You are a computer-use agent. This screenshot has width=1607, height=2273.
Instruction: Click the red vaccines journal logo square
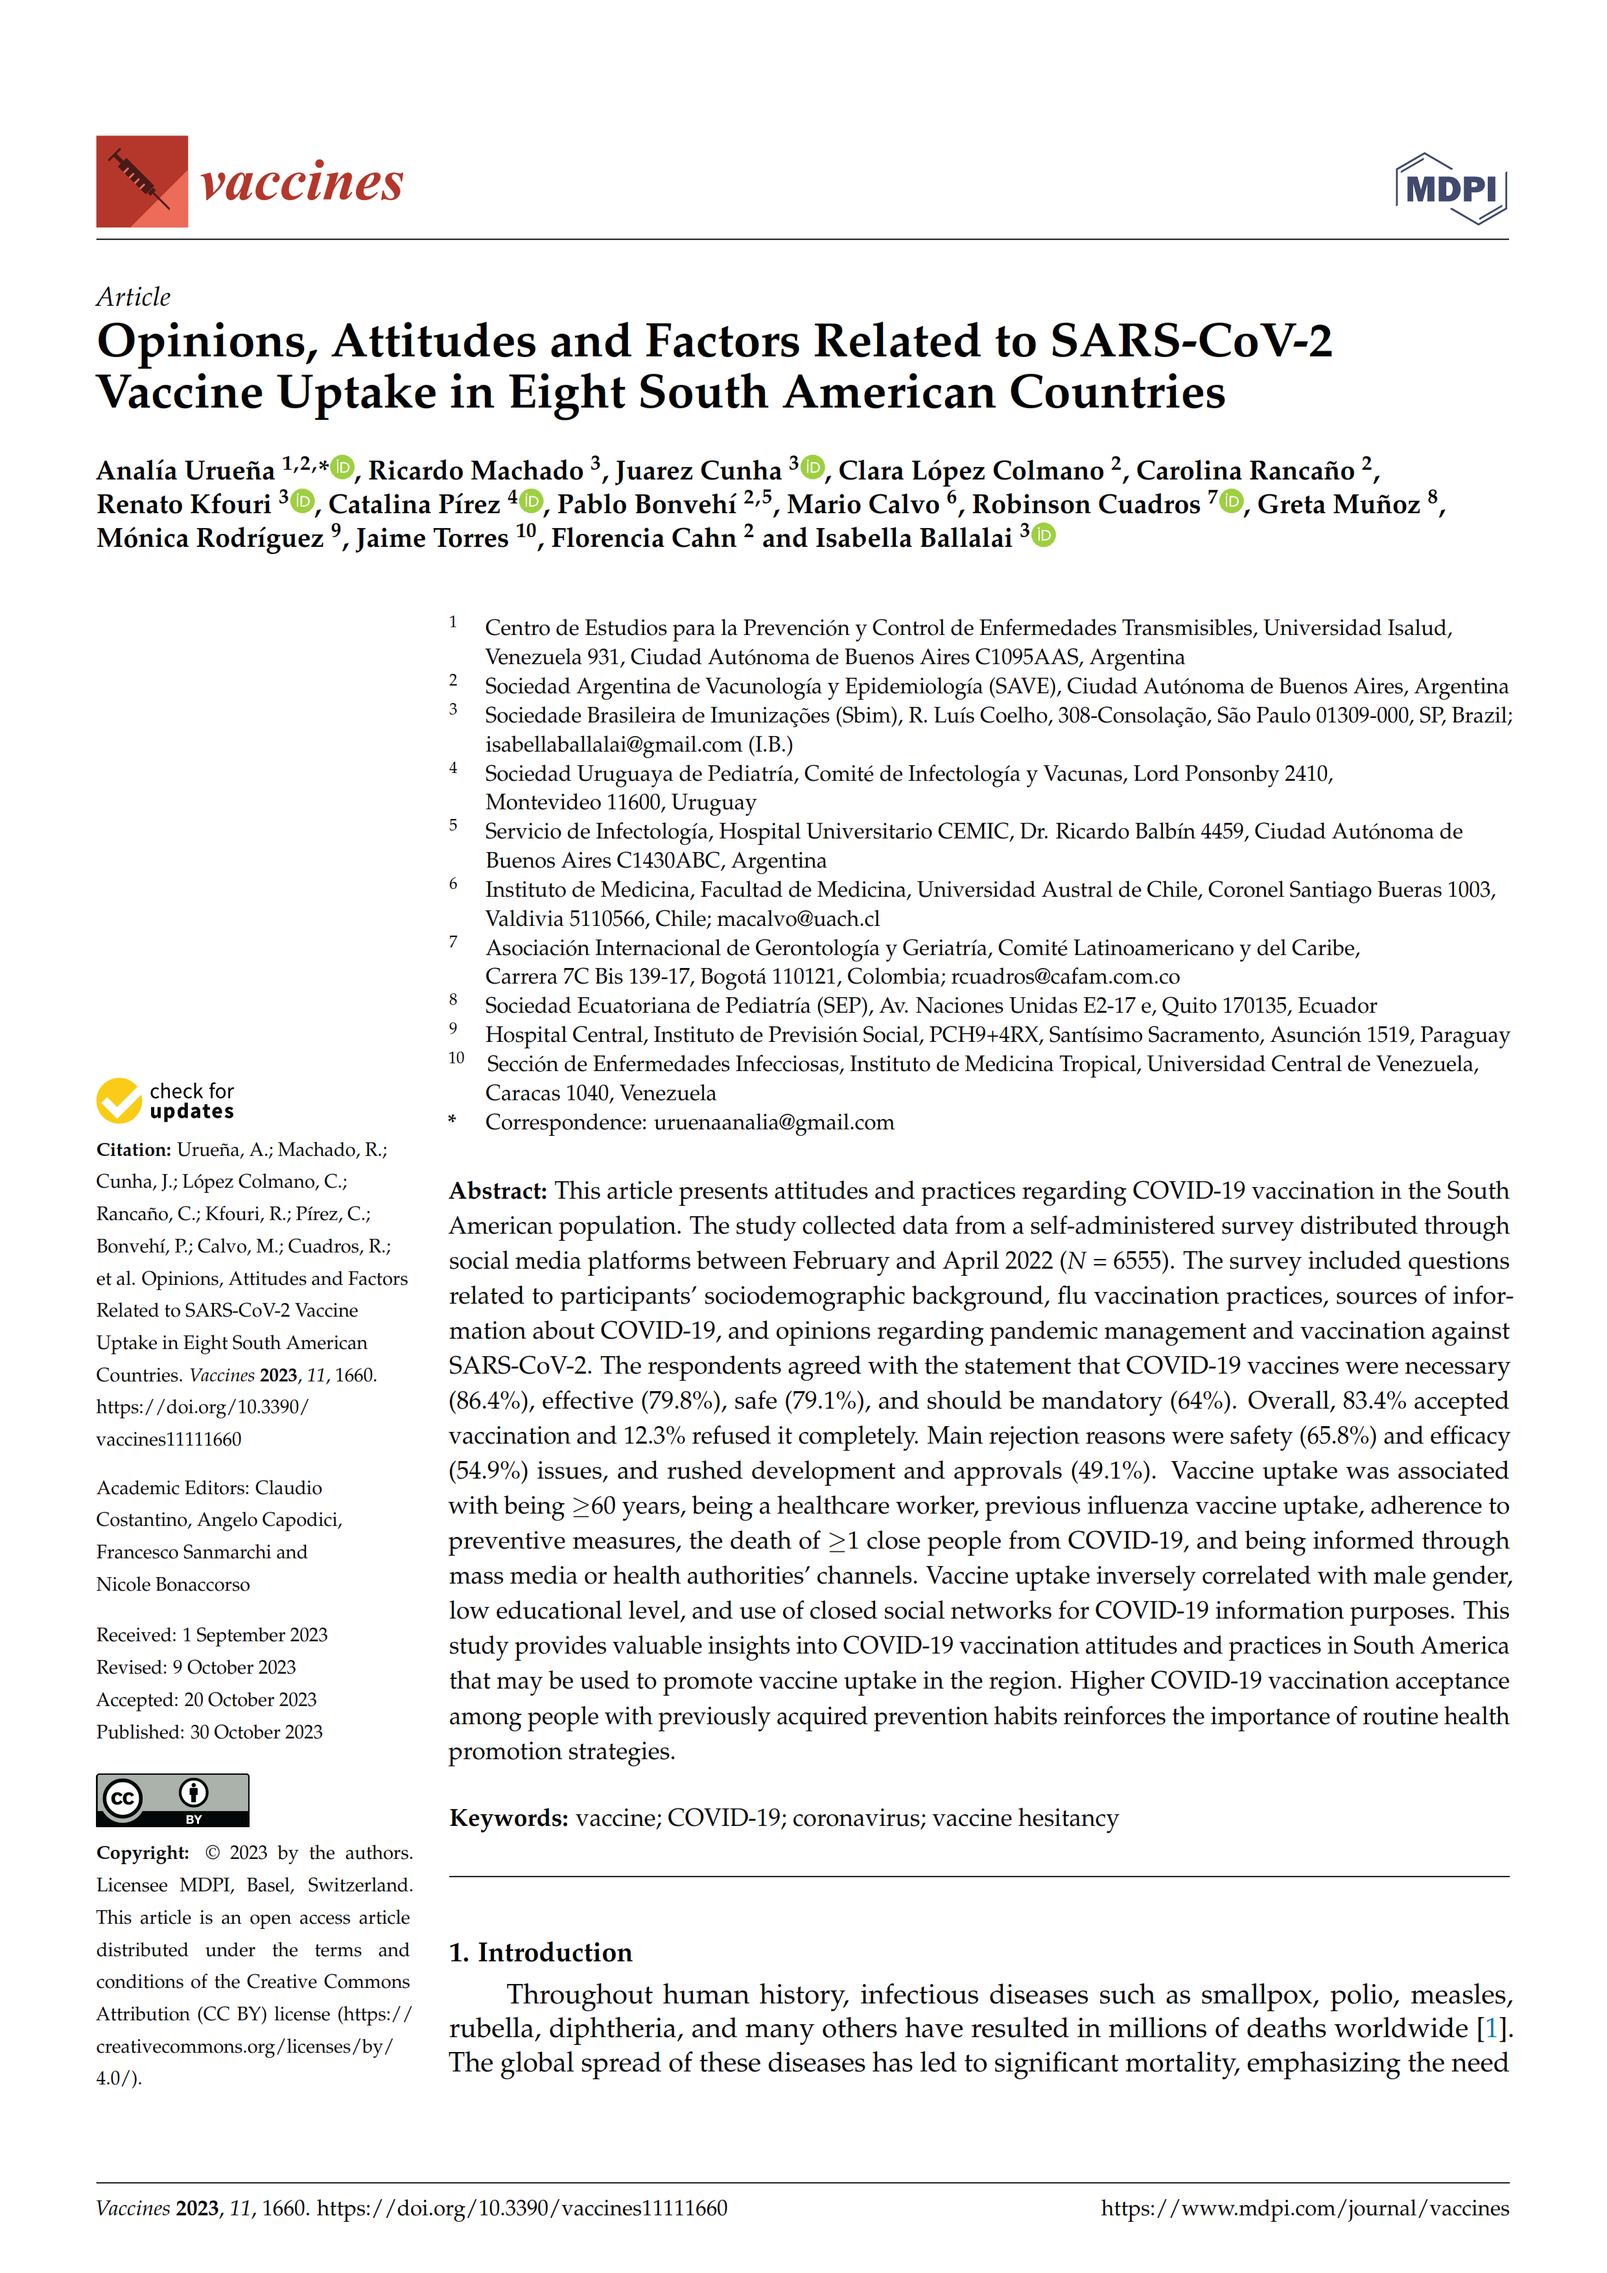(141, 182)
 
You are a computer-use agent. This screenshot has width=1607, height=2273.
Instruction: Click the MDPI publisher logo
(1451, 188)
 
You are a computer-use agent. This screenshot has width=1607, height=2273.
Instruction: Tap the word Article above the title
(133, 297)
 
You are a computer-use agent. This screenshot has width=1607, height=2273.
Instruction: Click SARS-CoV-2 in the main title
(1191, 341)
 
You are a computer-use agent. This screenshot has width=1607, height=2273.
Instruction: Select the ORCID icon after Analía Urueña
(342, 467)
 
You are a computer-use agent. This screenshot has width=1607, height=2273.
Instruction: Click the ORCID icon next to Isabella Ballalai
(1044, 536)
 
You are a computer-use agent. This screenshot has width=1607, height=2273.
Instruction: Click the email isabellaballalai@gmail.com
(613, 744)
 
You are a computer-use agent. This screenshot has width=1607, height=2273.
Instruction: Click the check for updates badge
(165, 1100)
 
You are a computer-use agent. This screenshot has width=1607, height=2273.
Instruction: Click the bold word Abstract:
(497, 1191)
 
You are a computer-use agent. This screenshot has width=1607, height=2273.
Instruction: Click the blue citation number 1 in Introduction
(1490, 2029)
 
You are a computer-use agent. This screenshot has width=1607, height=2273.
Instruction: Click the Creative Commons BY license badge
(172, 1800)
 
